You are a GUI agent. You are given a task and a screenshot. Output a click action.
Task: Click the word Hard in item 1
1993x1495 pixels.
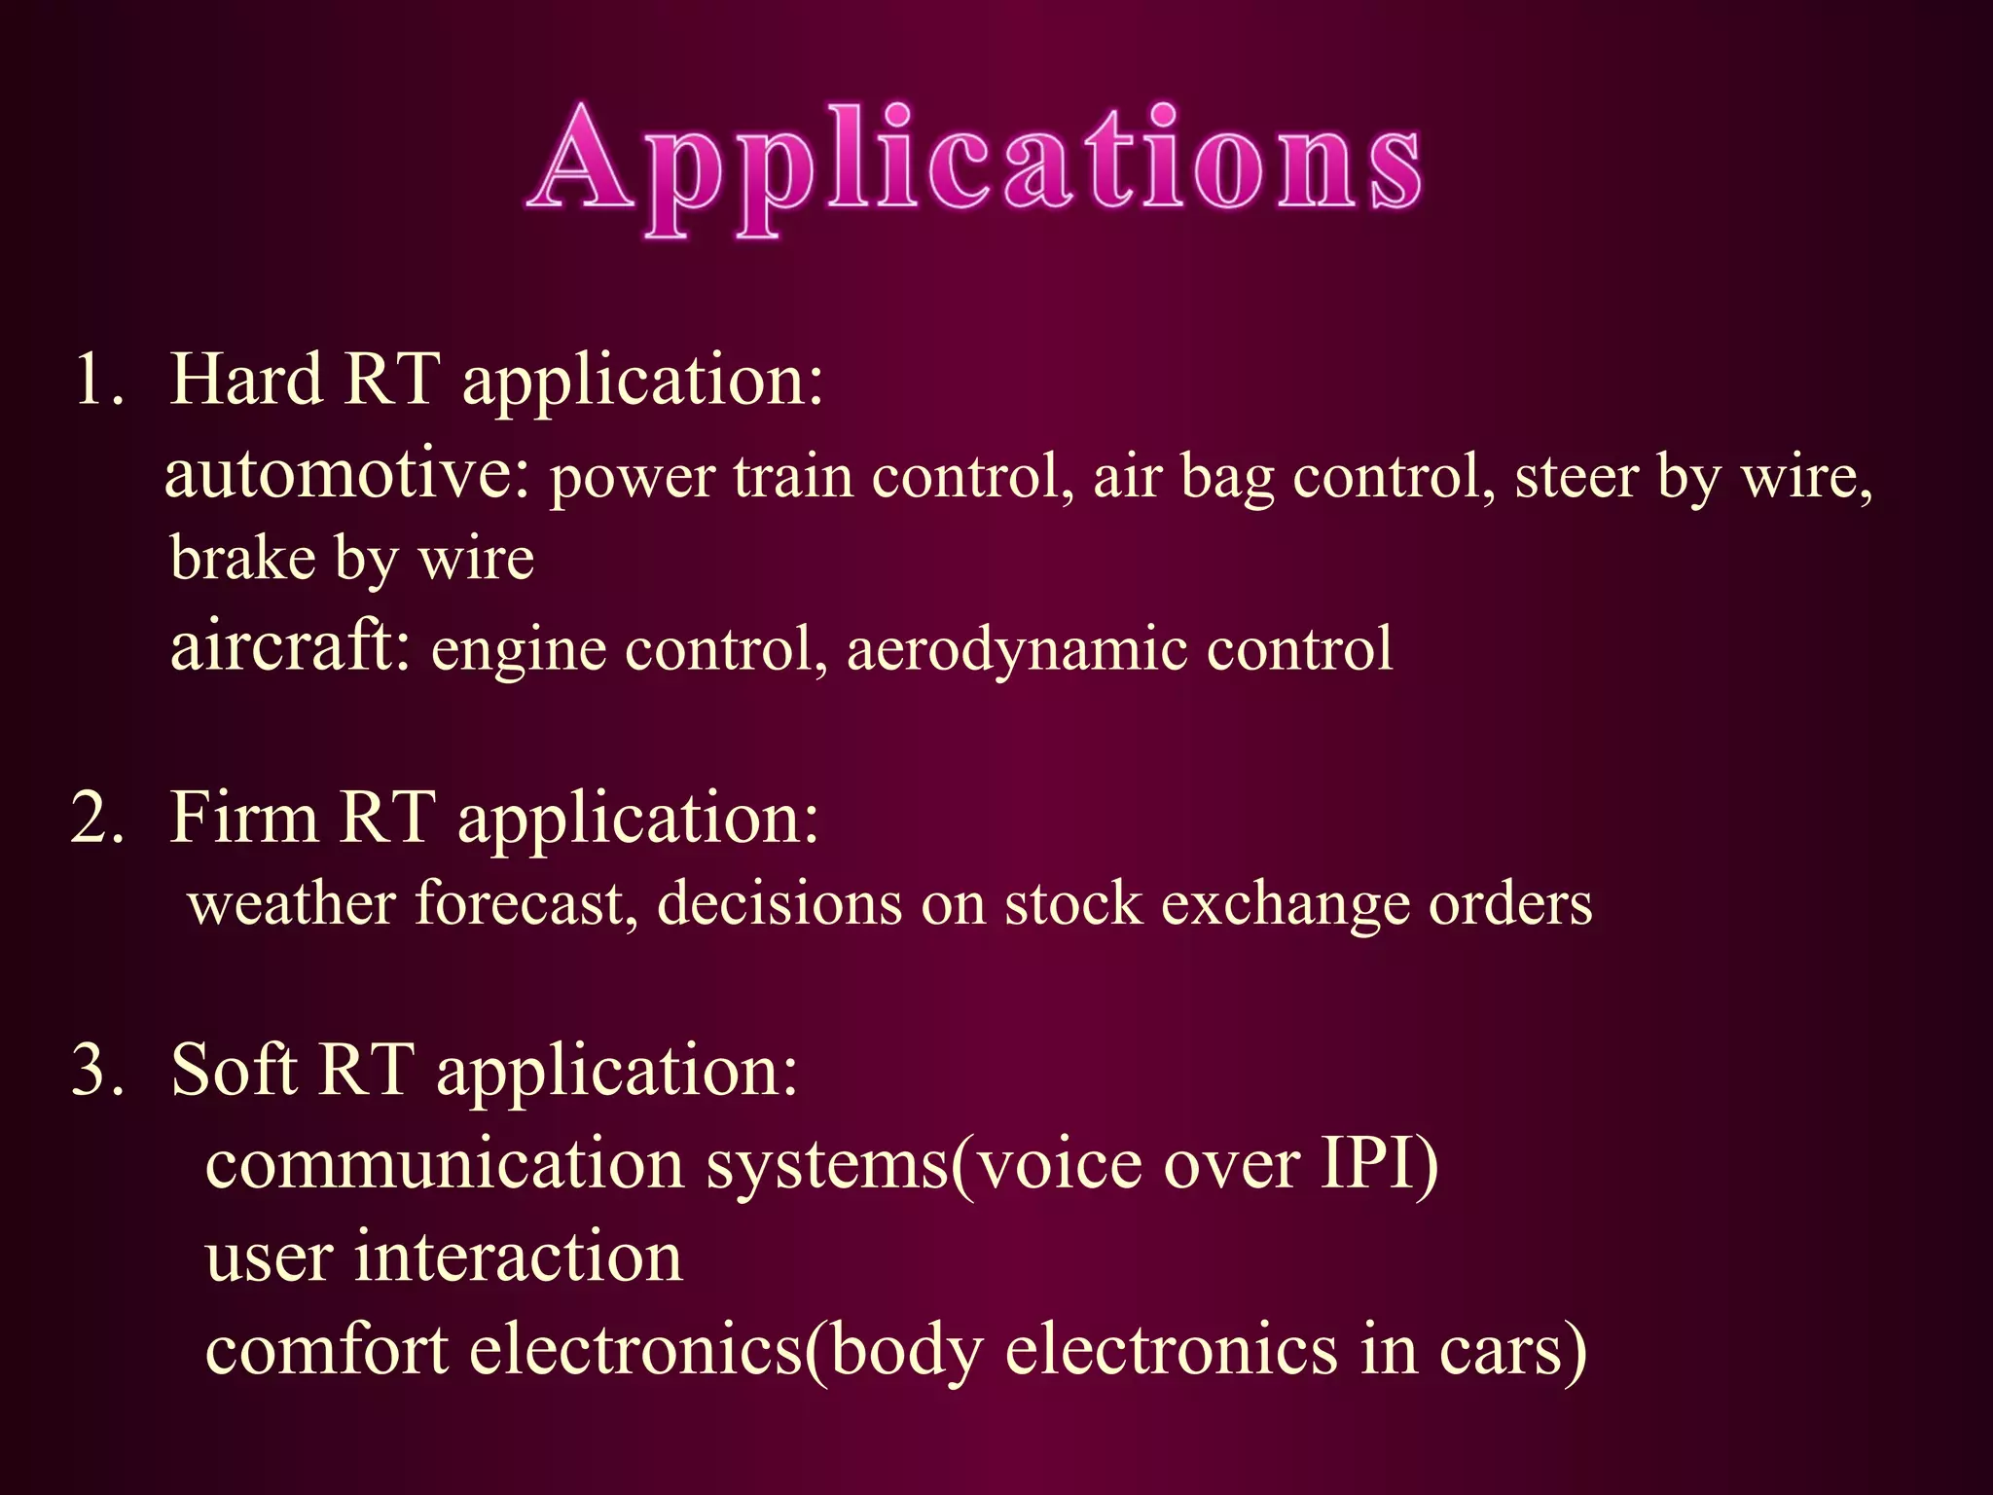pos(245,379)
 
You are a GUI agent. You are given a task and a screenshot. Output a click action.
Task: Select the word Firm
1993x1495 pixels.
pos(243,818)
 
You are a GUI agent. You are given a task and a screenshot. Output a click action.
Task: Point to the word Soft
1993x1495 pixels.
pos(233,1070)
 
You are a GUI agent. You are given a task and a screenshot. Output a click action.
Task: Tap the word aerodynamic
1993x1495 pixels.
pos(1016,650)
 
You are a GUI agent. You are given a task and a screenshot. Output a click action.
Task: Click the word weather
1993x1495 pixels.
pos(292,904)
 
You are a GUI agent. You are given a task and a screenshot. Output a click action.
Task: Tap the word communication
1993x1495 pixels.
pos(445,1164)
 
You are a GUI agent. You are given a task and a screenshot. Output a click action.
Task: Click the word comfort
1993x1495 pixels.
pos(327,1350)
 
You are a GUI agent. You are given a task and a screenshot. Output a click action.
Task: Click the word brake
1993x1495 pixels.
pos(243,558)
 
